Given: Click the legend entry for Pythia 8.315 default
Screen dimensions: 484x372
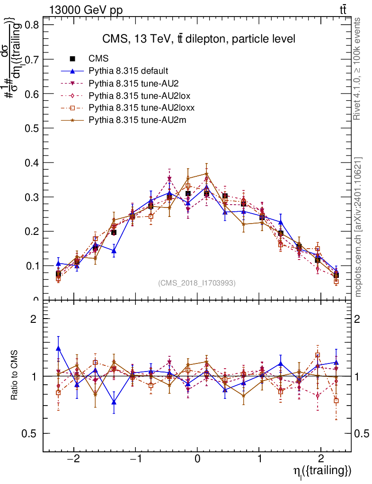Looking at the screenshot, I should pyautogui.click(x=128, y=71).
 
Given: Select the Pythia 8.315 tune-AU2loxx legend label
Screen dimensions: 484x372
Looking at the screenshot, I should pyautogui.click(x=142, y=108).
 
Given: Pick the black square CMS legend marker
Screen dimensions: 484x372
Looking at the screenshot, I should pyautogui.click(x=72, y=59).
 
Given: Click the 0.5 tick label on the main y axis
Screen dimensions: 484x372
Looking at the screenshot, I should pyautogui.click(x=33, y=128).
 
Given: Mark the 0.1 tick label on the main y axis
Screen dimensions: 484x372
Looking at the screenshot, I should pyautogui.click(x=33, y=266).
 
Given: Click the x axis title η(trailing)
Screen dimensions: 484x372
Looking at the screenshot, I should pyautogui.click(x=322, y=471).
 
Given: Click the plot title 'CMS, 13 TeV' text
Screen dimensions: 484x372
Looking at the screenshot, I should pyautogui.click(x=199, y=39).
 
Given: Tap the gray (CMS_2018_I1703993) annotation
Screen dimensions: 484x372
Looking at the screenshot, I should pyautogui.click(x=197, y=283).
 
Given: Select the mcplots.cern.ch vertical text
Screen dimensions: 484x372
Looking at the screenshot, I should pyautogui.click(x=359, y=227).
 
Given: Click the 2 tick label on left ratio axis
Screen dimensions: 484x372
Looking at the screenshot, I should pyautogui.click(x=34, y=319).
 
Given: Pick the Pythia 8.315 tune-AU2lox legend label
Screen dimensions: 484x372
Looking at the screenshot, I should pyautogui.click(x=139, y=95).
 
